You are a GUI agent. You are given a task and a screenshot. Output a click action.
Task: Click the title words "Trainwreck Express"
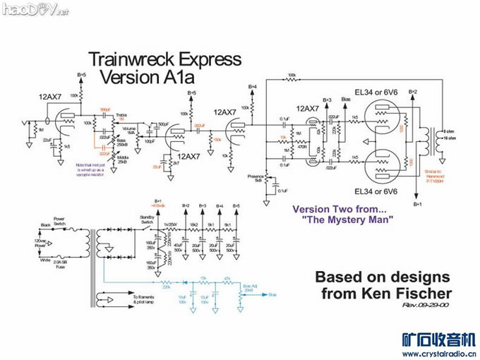[164, 59]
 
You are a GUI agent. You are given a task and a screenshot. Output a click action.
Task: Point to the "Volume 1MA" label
[129, 130]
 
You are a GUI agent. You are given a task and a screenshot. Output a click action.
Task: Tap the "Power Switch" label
[59, 220]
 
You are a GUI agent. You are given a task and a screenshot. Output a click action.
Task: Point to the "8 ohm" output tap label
[447, 131]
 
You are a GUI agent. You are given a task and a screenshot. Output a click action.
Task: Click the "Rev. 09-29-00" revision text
[422, 305]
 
